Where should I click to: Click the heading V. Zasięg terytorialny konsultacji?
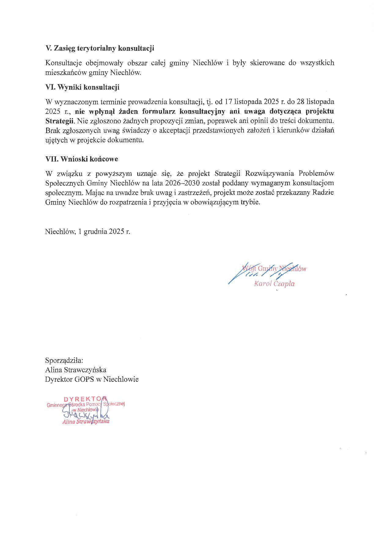[x=100, y=48]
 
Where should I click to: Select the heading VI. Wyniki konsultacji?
[x=82, y=87]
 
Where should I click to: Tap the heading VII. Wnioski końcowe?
[x=82, y=159]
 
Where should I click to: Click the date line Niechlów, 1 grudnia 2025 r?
[x=87, y=231]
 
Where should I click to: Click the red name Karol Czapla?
[x=274, y=284]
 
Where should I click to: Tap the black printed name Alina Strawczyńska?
[x=75, y=370]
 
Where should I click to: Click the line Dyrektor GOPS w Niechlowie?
[x=92, y=379]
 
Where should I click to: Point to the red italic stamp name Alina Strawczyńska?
[x=86, y=422]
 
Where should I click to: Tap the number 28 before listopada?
[x=300, y=101]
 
